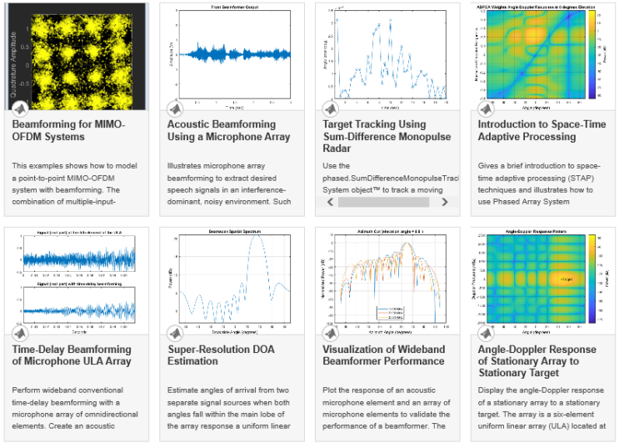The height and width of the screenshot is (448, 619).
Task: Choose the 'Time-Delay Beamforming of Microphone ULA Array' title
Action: click(72, 355)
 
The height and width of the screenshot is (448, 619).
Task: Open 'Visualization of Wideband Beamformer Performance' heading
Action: click(383, 355)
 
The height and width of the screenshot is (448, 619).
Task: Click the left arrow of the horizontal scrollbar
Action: click(330, 202)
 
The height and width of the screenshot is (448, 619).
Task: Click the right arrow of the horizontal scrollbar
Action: click(445, 202)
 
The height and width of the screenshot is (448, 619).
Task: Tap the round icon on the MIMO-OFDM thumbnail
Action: click(19, 109)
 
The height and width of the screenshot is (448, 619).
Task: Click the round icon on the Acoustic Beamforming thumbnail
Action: click(175, 109)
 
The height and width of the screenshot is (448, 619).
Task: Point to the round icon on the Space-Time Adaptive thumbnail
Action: click(486, 109)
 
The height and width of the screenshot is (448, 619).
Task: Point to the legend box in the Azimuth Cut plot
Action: click(390, 312)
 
